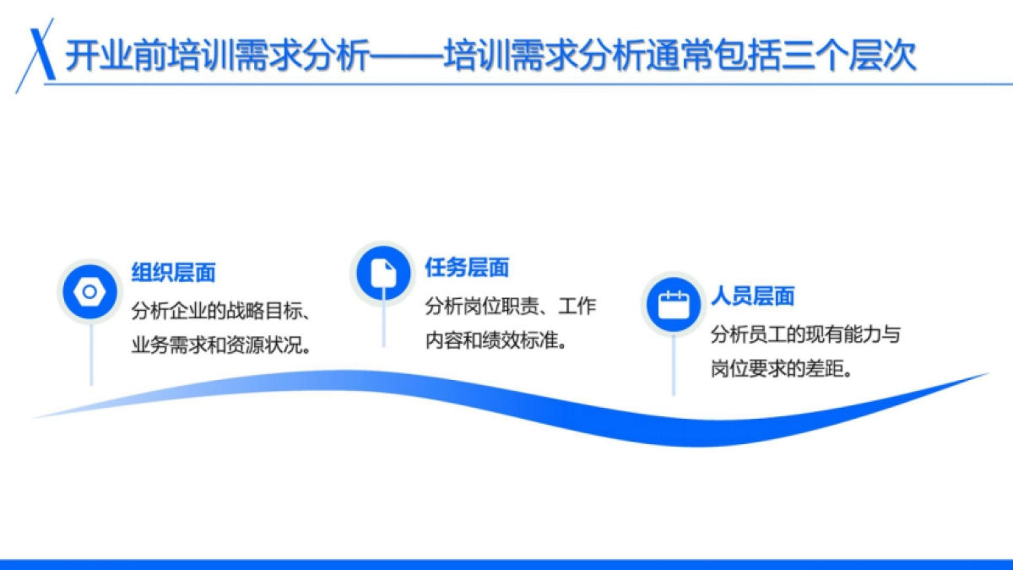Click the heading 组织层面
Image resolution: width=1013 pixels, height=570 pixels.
click(x=173, y=273)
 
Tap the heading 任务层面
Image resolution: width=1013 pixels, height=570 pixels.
click(x=467, y=268)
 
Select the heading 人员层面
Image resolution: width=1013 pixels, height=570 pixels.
click(x=752, y=296)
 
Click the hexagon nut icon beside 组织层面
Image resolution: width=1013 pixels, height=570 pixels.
click(x=89, y=291)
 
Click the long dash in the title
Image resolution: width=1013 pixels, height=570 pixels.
click(x=407, y=58)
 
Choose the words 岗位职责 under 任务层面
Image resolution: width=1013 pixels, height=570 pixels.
click(x=498, y=307)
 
